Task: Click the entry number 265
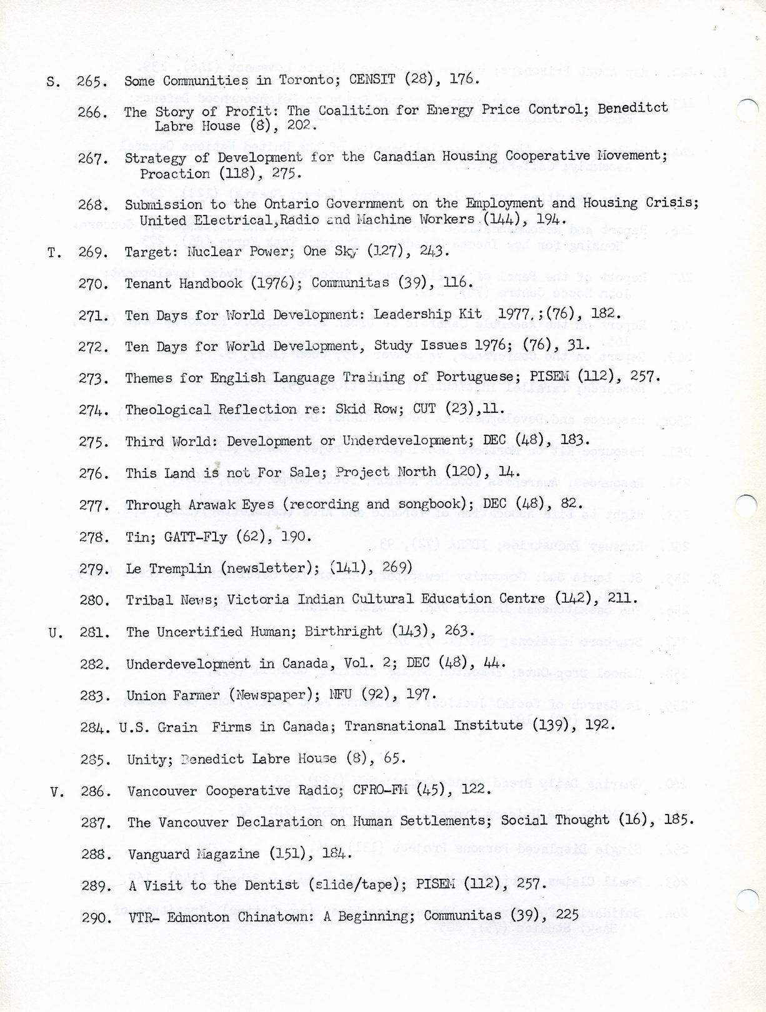(92, 81)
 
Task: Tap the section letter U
(56, 633)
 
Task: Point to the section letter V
(57, 792)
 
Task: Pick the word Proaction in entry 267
(166, 174)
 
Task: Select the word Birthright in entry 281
(343, 632)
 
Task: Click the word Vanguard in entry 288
(158, 854)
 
